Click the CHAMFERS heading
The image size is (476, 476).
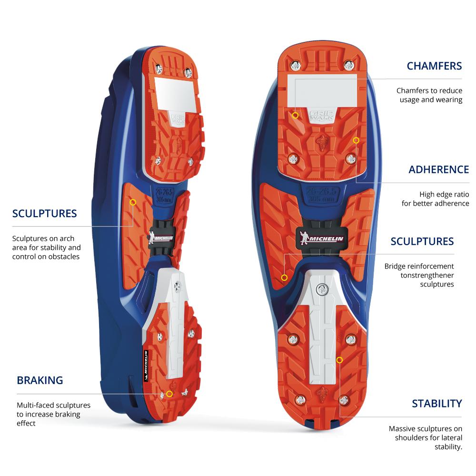pyautogui.click(x=434, y=66)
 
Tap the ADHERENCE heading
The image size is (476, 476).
pyautogui.click(x=438, y=170)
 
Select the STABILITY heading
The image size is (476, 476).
pyautogui.click(x=436, y=404)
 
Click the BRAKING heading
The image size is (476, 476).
pyautogui.click(x=40, y=380)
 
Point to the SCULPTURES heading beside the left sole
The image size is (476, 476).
pyautogui.click(x=44, y=213)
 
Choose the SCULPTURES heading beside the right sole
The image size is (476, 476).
pyautogui.click(x=422, y=241)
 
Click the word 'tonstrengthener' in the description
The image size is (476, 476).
pyautogui.click(x=427, y=275)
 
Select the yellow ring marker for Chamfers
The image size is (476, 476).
pyautogui.click(x=296, y=115)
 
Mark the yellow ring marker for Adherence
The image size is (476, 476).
pyautogui.click(x=356, y=140)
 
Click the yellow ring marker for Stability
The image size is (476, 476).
pyautogui.click(x=339, y=360)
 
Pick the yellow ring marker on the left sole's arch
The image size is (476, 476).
pyautogui.click(x=133, y=202)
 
